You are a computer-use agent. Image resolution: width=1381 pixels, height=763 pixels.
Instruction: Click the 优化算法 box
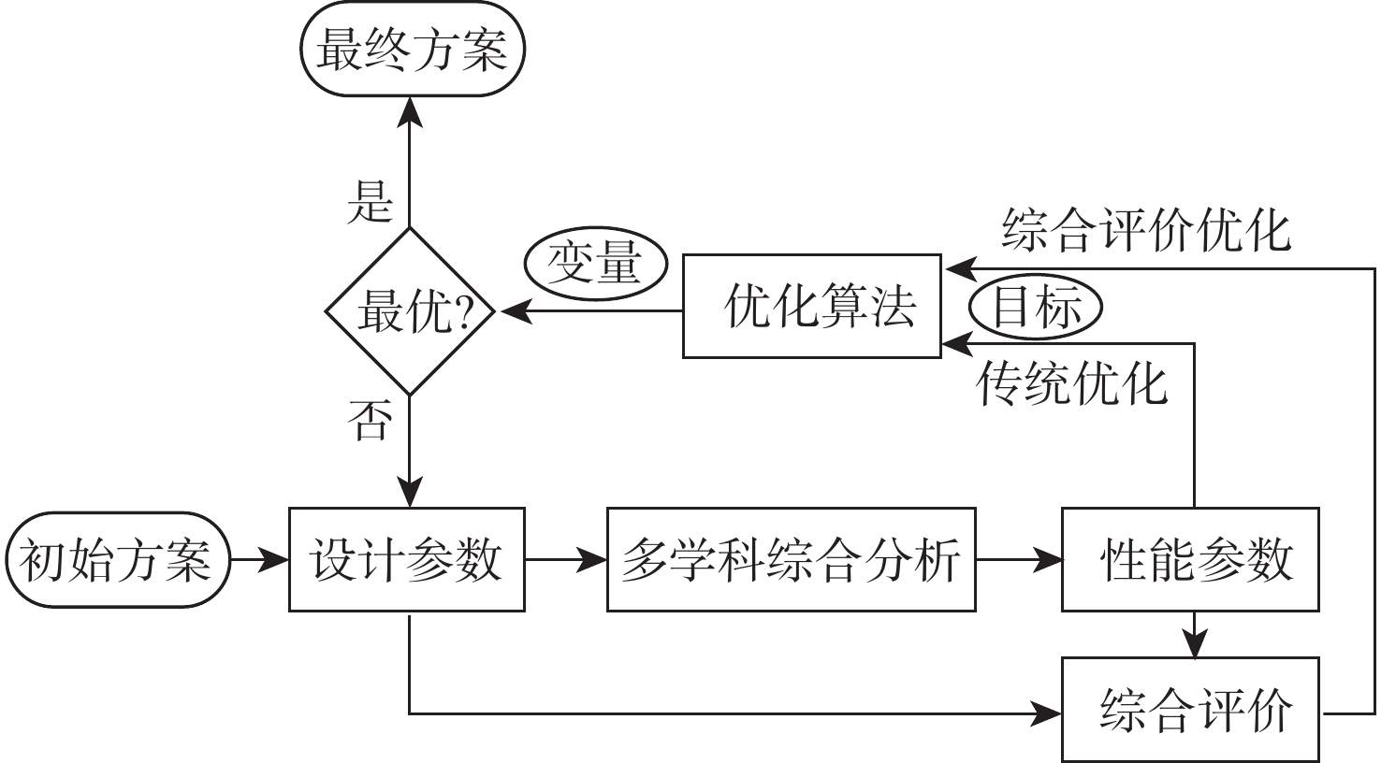pyautogui.click(x=812, y=306)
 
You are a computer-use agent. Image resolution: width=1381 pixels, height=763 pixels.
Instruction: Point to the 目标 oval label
pyautogui.click(x=1036, y=307)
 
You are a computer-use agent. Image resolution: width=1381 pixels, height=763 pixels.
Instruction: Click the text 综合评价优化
pyautogui.click(x=1145, y=230)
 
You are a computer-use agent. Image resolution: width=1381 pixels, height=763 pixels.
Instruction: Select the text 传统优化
pyautogui.click(x=1072, y=382)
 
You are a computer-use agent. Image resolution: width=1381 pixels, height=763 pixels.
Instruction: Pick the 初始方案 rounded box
pyautogui.click(x=117, y=560)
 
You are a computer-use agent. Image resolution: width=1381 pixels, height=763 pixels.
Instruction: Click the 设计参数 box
pyautogui.click(x=406, y=560)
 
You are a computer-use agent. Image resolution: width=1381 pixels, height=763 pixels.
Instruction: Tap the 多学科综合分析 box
pyautogui.click(x=791, y=560)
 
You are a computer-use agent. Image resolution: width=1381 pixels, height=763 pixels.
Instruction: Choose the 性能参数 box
pyautogui.click(x=1190, y=560)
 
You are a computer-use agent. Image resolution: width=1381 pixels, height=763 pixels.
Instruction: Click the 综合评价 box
pyautogui.click(x=1190, y=710)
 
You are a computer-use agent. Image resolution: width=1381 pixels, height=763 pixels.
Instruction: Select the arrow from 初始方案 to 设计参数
pyautogui.click(x=260, y=560)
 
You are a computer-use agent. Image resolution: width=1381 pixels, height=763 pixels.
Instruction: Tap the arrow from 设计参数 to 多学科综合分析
pyautogui.click(x=565, y=560)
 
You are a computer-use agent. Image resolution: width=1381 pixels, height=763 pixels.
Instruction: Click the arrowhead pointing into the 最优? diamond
pyautogui.click(x=515, y=311)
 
